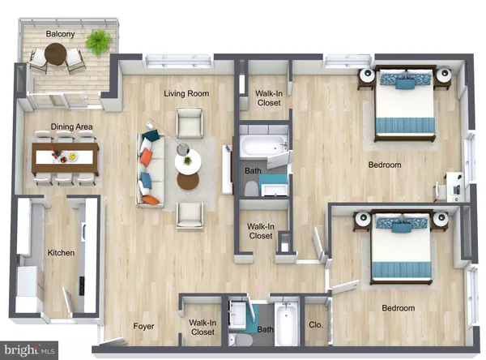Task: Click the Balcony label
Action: click(x=60, y=34)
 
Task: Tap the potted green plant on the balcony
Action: click(x=99, y=42)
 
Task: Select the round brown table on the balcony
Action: click(x=55, y=54)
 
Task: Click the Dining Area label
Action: click(x=71, y=126)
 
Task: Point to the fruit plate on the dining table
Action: click(x=72, y=156)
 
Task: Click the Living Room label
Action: click(x=186, y=93)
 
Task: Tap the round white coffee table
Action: click(x=188, y=162)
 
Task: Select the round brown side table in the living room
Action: click(x=188, y=181)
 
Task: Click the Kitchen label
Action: click(x=61, y=253)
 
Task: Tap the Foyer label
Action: click(x=143, y=326)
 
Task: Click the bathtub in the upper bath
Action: click(x=264, y=146)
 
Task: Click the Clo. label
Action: click(x=316, y=325)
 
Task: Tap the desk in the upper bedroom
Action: click(x=455, y=187)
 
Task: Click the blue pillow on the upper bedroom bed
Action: click(x=406, y=84)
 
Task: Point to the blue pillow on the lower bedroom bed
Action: click(x=402, y=227)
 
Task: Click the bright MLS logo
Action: click(x=29, y=350)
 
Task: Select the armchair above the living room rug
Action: click(x=190, y=122)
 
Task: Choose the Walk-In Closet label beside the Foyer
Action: click(x=202, y=328)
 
